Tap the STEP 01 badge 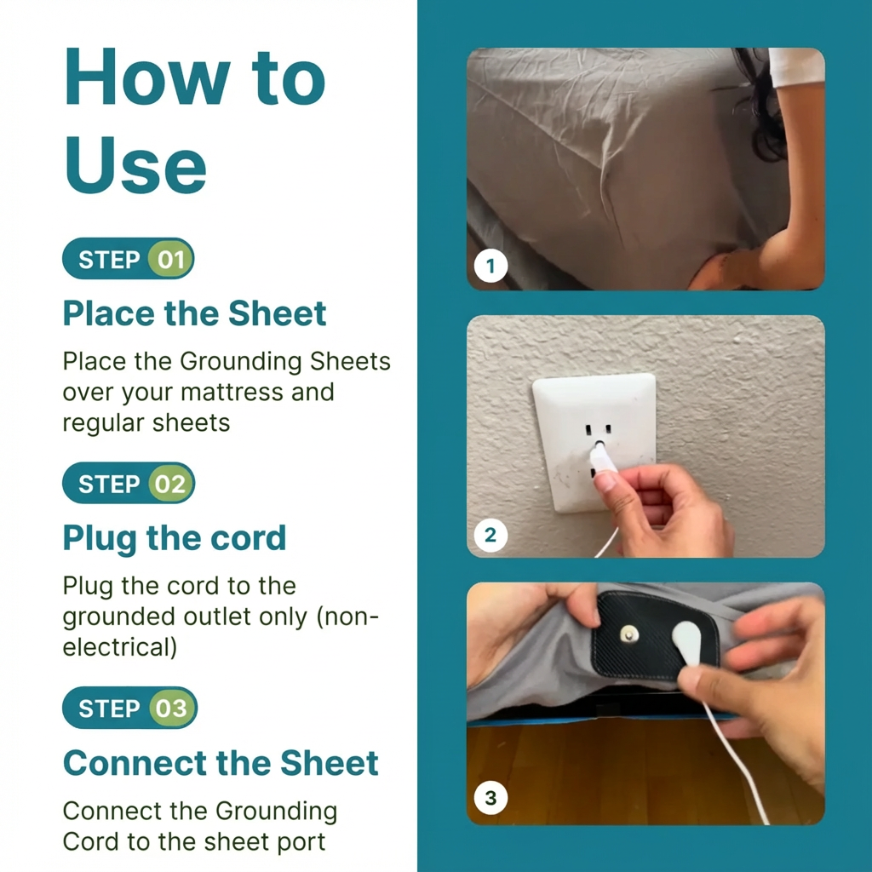coord(129,259)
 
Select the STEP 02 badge coord(129,484)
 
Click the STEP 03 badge coord(129,708)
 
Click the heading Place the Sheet coord(194,313)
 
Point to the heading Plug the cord coord(174,538)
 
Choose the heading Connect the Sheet coord(221,763)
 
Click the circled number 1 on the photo coord(490,267)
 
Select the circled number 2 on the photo coord(490,536)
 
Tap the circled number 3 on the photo coord(490,798)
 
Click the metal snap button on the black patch coord(630,633)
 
